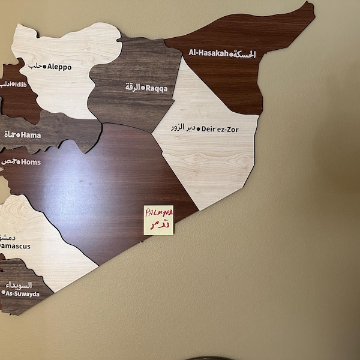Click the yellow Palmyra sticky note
pyautogui.click(x=158, y=220)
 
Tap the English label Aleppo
pyautogui.click(x=59, y=67)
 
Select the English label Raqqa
pyautogui.click(x=157, y=88)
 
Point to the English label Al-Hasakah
pyautogui.click(x=208, y=53)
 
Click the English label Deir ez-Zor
pyautogui.click(x=220, y=128)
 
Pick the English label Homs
pyautogui.click(x=30, y=162)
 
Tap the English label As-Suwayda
pyautogui.click(x=23, y=294)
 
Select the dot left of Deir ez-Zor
pyautogui.click(x=198, y=128)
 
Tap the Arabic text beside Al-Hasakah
pyautogui.click(x=245, y=54)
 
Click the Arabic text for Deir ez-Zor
pyautogui.click(x=182, y=128)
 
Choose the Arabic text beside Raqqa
pyautogui.click(x=133, y=87)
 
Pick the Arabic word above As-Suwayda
pyautogui.click(x=19, y=285)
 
